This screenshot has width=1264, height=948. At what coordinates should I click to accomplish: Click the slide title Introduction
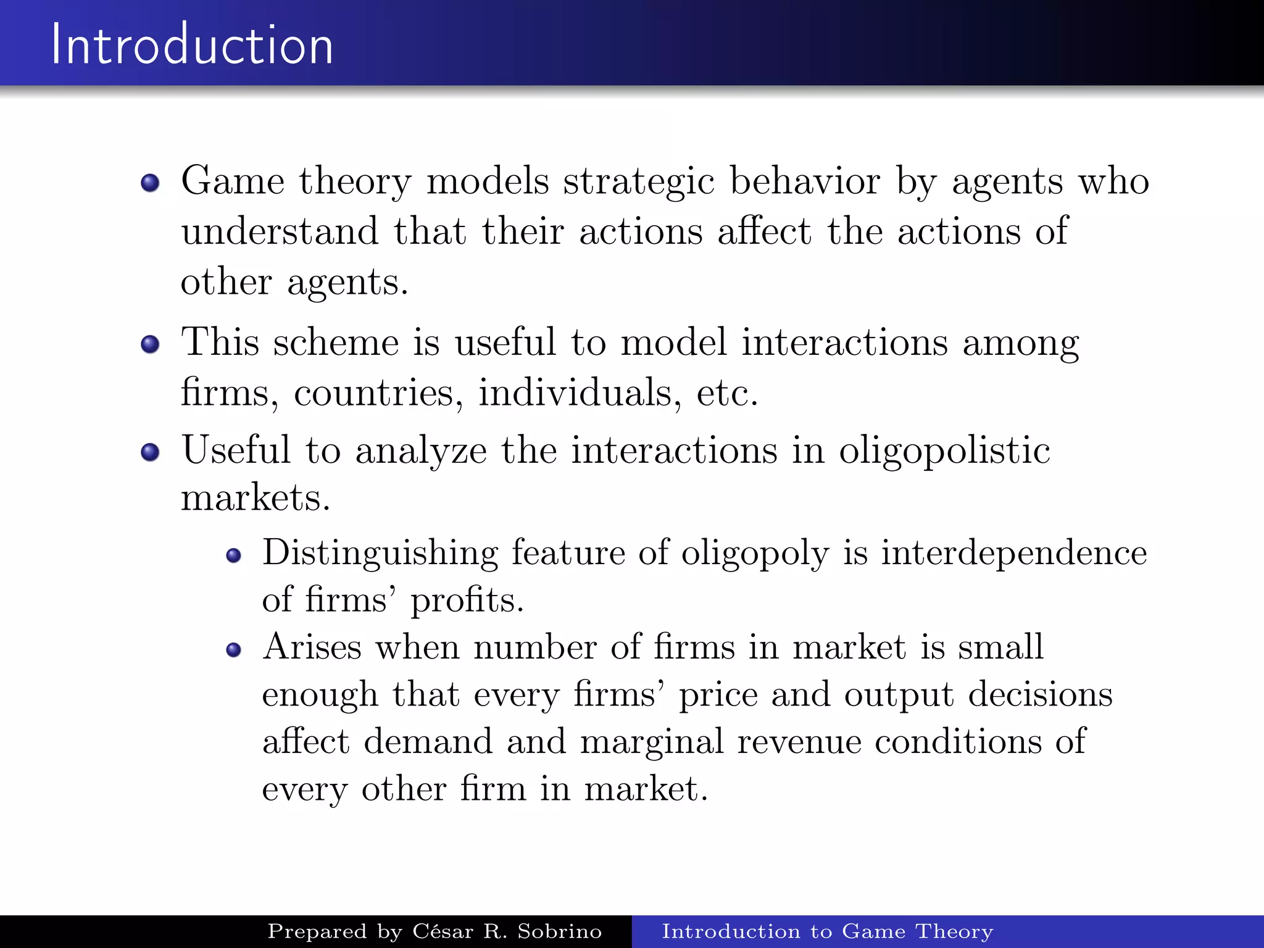coord(192,44)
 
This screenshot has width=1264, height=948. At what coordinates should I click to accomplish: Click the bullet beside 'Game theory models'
coord(150,183)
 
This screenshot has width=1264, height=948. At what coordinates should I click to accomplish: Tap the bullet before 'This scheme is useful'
coord(150,344)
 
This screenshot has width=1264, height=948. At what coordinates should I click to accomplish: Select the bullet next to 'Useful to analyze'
coord(150,452)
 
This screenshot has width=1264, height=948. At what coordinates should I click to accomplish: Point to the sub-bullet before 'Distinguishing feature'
coord(233,555)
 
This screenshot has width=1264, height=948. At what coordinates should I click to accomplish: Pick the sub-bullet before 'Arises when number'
coord(233,650)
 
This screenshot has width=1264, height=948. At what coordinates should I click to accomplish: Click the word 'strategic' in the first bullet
coord(638,183)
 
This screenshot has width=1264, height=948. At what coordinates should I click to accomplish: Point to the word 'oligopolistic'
coord(944,451)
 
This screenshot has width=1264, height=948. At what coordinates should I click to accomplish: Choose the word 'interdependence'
coord(1013,552)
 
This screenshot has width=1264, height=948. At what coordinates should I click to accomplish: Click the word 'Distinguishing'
coord(380,554)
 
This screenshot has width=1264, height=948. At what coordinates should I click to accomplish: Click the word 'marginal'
coord(652,742)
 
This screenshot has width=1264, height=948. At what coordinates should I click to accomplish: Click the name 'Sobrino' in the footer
coord(559,931)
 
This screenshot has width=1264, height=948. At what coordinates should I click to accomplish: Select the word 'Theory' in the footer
coord(954,931)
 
